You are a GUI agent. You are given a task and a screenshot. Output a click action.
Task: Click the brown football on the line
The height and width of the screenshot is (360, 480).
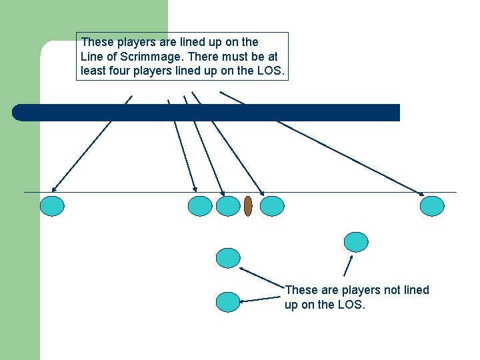coord(248,206)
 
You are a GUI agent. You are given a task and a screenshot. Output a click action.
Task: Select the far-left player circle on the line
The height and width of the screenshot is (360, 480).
coord(52,206)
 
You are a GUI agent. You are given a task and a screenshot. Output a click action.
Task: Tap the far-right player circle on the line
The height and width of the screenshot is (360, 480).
coord(432,206)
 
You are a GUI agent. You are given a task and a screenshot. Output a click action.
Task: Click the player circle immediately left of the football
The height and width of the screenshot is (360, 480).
coord(228,206)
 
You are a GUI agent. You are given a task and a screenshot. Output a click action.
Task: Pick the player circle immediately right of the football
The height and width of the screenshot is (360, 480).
coord(272,206)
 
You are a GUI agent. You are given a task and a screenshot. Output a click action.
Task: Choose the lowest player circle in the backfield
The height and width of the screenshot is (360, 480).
coord(228,302)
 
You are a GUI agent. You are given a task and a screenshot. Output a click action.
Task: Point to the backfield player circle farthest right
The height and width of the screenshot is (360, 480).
coord(356,242)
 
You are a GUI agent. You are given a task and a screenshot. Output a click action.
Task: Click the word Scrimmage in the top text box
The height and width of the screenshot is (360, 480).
coord(150,57)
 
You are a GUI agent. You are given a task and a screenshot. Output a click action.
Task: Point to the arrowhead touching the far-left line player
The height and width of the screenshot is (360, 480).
coord(54,189)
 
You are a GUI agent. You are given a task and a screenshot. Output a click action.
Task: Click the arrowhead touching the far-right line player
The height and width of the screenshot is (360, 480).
coord(421,193)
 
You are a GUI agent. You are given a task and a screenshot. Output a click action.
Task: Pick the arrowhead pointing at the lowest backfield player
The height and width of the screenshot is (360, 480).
coord(242,301)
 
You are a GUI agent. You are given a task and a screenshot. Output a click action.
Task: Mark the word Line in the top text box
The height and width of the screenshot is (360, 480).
coord(88,57)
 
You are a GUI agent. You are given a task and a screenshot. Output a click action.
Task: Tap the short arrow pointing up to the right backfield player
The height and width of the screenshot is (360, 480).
coord(348,266)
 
